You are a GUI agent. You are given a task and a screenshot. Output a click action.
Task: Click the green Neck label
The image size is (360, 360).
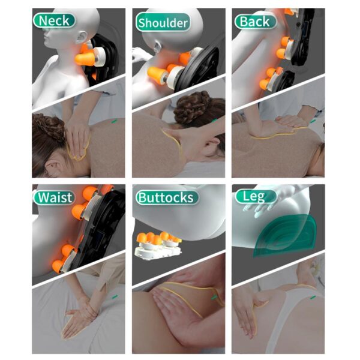point(54,21)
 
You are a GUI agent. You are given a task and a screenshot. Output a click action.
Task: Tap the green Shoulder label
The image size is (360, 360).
point(163,23)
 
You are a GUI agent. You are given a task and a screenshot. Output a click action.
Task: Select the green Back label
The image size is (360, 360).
point(256,22)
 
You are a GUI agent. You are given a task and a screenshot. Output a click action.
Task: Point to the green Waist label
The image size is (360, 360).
point(54,197)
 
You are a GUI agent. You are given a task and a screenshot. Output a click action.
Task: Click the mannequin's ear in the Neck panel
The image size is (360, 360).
point(80,37)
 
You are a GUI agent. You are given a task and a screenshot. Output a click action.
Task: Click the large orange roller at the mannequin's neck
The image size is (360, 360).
point(85,59)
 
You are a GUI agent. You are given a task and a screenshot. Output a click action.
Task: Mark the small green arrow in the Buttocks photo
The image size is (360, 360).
point(214,298)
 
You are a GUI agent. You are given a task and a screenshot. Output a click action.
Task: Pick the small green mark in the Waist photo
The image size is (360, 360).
point(115,297)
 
